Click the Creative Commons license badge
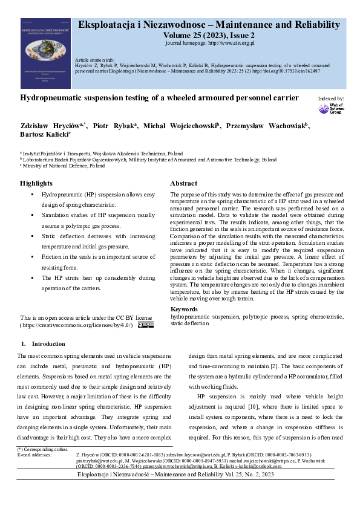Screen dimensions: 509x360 click(x=145, y=325)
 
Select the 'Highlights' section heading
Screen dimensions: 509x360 click(x=36, y=183)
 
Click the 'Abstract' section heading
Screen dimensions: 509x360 click(x=184, y=183)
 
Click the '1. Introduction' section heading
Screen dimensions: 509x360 click(x=41, y=343)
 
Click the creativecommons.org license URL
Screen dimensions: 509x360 click(x=79, y=325)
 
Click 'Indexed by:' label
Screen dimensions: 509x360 click(x=331, y=98)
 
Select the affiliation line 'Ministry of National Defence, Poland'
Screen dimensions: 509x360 click(x=63, y=165)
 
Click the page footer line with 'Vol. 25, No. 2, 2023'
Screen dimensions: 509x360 click(x=180, y=475)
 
